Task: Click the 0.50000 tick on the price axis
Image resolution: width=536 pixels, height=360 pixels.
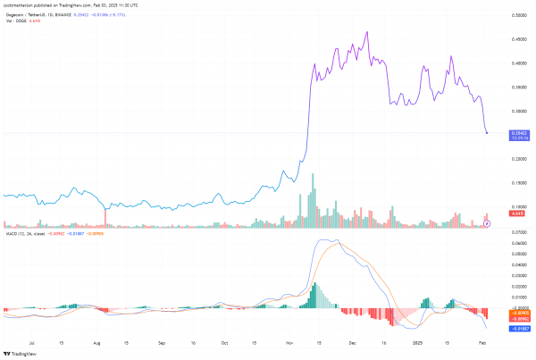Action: (x=518, y=15)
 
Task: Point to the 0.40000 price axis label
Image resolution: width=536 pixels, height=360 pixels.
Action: (x=518, y=63)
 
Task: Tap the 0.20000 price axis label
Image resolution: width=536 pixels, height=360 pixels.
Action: (x=518, y=159)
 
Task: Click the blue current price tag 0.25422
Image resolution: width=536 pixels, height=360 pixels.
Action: (x=518, y=132)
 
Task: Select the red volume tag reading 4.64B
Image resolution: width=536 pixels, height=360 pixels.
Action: (x=516, y=213)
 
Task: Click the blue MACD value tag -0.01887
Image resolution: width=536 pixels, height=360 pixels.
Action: (x=517, y=329)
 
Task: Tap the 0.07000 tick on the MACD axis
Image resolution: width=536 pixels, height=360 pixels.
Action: (x=518, y=231)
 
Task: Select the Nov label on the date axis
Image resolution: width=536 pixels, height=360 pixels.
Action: (x=289, y=342)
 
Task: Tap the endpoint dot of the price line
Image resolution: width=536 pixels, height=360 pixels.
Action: (x=487, y=133)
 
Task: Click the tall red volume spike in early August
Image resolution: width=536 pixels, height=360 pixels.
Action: (x=105, y=215)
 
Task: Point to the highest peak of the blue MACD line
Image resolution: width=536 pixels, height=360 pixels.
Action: (x=326, y=239)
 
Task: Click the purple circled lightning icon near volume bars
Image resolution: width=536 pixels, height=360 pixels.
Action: (x=487, y=222)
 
